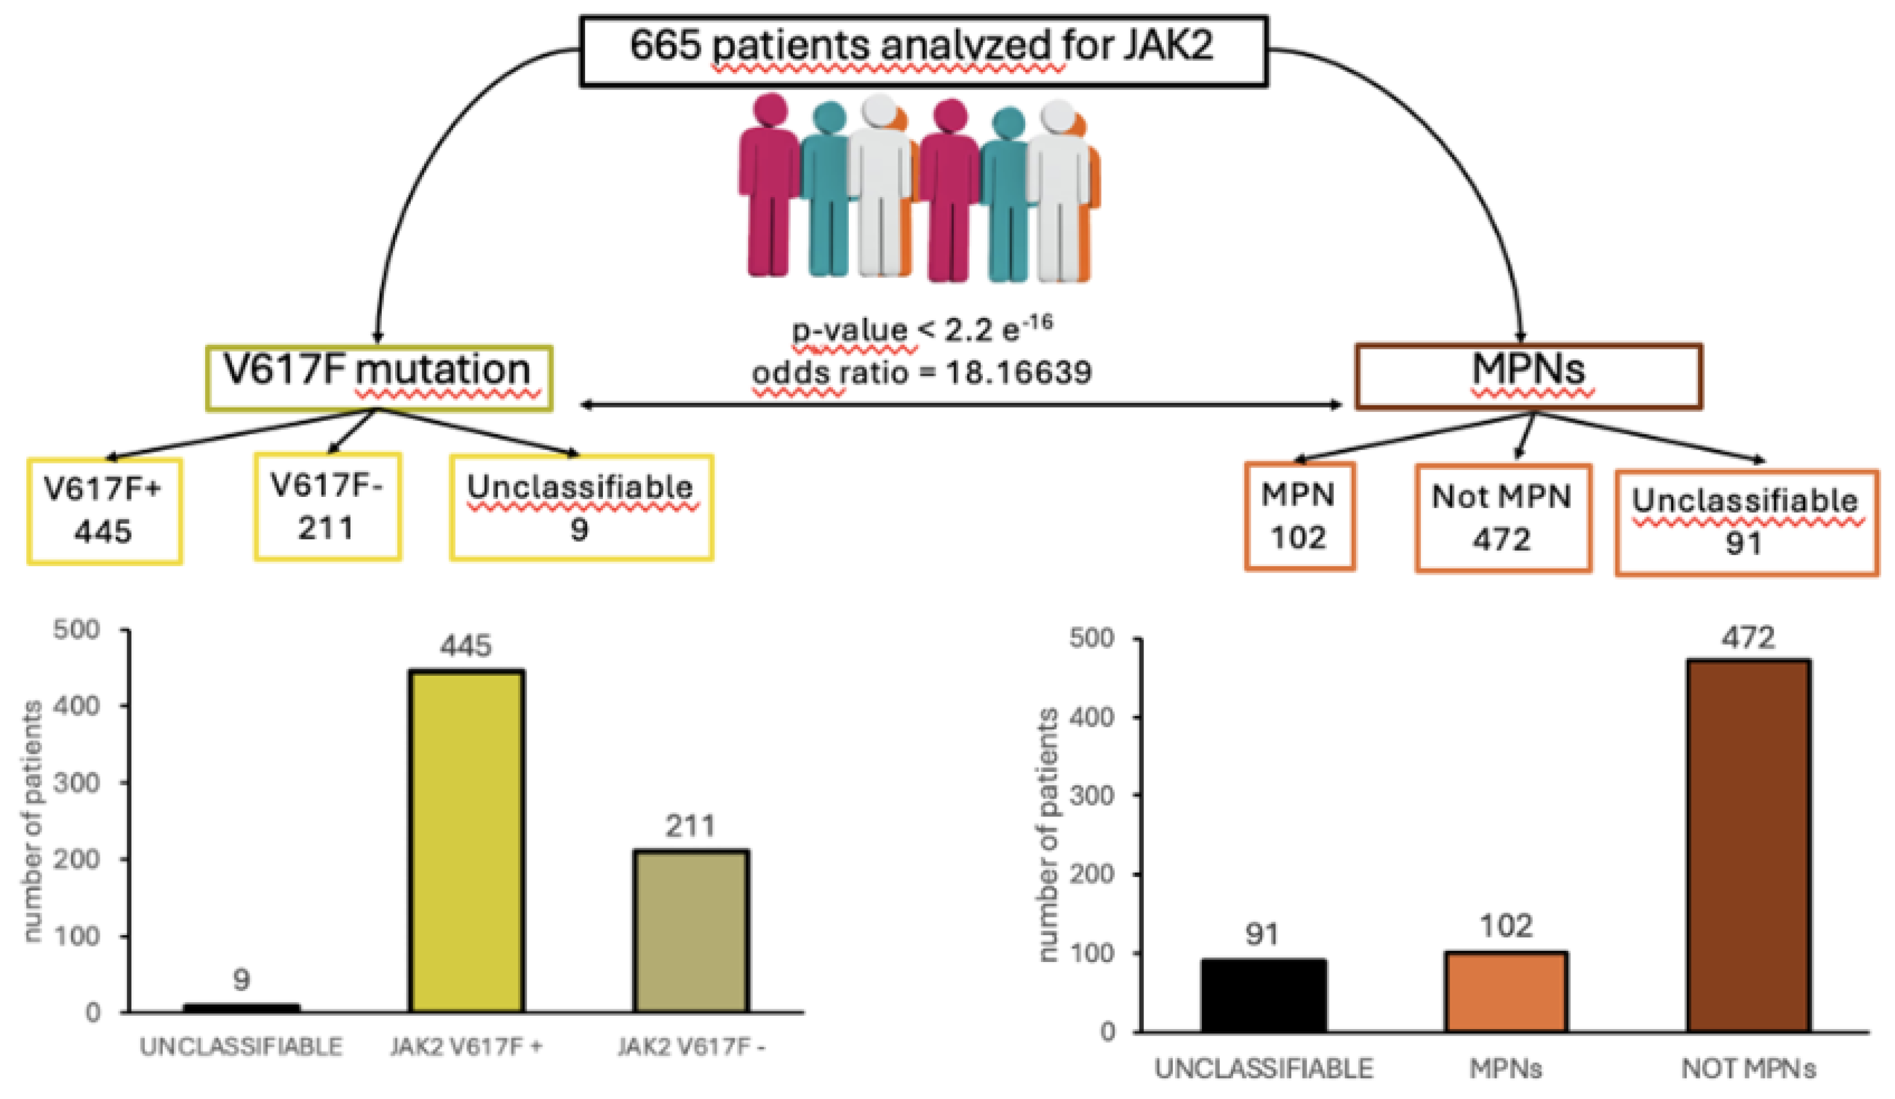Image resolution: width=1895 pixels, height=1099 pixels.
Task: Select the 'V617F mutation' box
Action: click(379, 378)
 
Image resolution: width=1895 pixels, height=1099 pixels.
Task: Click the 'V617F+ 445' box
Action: click(105, 511)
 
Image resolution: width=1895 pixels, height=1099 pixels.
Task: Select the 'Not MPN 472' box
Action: click(1502, 517)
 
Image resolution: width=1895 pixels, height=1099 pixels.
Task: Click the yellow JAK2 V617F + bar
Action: click(466, 841)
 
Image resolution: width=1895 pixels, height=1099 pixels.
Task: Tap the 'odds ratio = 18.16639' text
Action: click(921, 372)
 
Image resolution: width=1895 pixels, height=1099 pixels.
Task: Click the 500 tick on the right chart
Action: click(1091, 638)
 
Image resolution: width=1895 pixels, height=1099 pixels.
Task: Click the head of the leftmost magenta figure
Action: click(769, 110)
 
